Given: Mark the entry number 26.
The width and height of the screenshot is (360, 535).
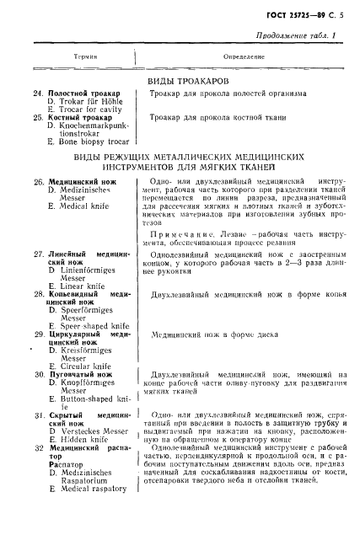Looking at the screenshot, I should tap(38, 181).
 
